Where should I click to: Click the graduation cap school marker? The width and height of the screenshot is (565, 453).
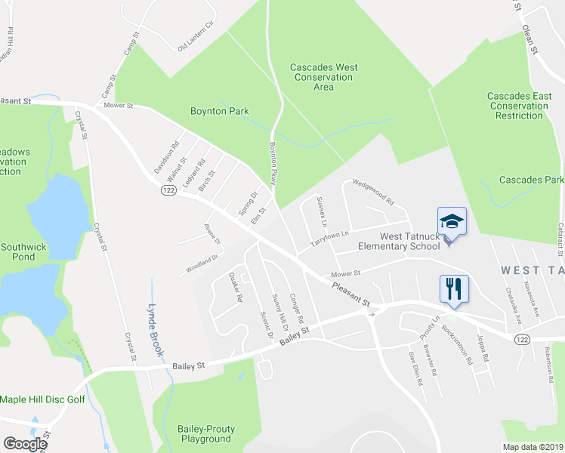click(452, 221)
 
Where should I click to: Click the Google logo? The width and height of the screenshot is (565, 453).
click(25, 444)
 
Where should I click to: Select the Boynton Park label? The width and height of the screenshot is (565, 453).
click(219, 111)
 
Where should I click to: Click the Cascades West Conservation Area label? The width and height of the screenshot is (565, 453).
click(323, 77)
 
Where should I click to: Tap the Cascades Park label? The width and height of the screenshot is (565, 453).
click(532, 180)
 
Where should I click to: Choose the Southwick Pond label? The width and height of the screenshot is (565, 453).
click(23, 251)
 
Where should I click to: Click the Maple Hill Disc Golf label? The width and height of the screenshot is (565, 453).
click(43, 399)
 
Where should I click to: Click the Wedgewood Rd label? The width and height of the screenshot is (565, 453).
click(373, 193)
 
